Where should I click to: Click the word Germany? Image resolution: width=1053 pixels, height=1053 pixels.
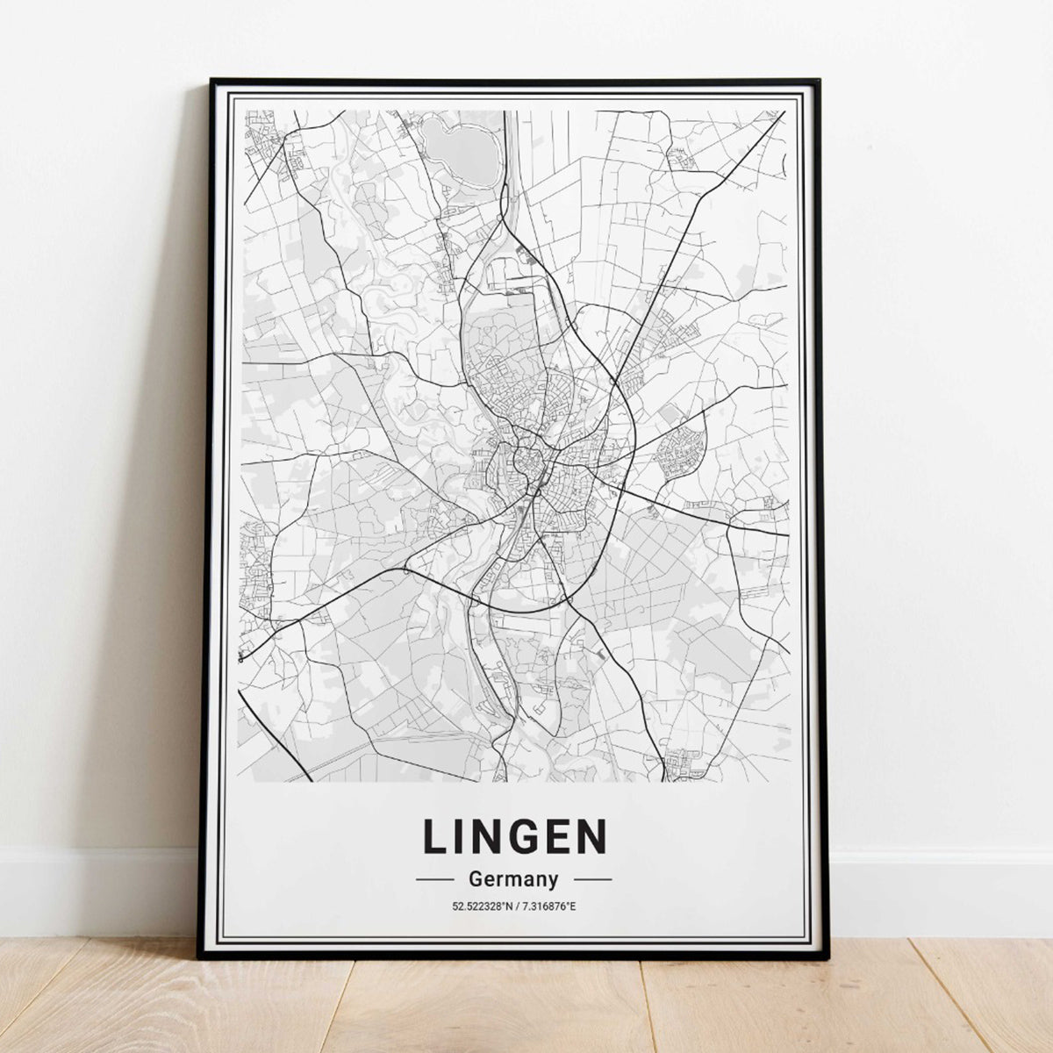(513, 878)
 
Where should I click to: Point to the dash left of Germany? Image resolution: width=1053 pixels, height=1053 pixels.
(434, 878)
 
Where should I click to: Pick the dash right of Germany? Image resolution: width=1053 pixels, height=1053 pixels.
(592, 878)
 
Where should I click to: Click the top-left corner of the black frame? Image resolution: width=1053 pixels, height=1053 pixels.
(211, 82)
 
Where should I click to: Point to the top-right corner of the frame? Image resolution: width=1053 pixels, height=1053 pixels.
(818, 82)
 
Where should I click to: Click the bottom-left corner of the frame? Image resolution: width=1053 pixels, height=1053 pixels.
(200, 956)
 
